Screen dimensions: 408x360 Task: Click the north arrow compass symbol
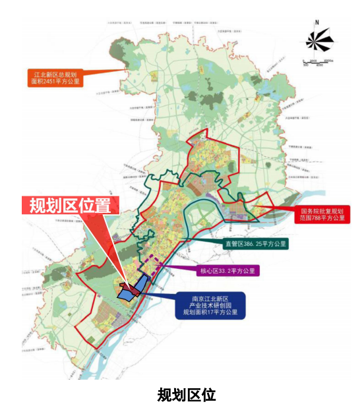[319, 41]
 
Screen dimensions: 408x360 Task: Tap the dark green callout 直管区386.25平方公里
[260, 244]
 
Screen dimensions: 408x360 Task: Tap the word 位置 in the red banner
[97, 206]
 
